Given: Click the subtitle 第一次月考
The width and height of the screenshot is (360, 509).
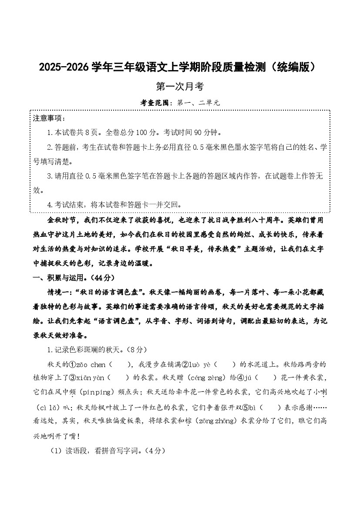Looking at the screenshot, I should point(180,87).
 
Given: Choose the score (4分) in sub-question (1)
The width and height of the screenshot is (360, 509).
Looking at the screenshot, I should point(155,452).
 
